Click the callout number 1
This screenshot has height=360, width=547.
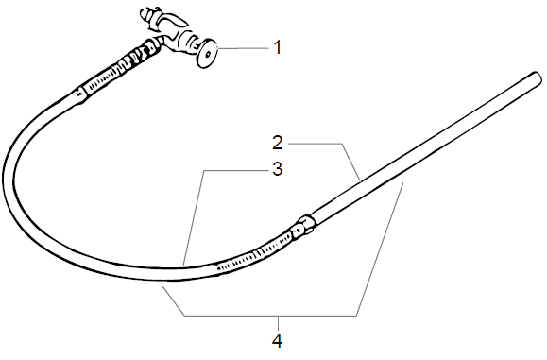277,46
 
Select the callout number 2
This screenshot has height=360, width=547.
278,145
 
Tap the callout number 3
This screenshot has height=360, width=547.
278,170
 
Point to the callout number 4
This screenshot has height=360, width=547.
278,338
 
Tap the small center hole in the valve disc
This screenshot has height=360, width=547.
206,54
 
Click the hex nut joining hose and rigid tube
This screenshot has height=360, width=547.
305,226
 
